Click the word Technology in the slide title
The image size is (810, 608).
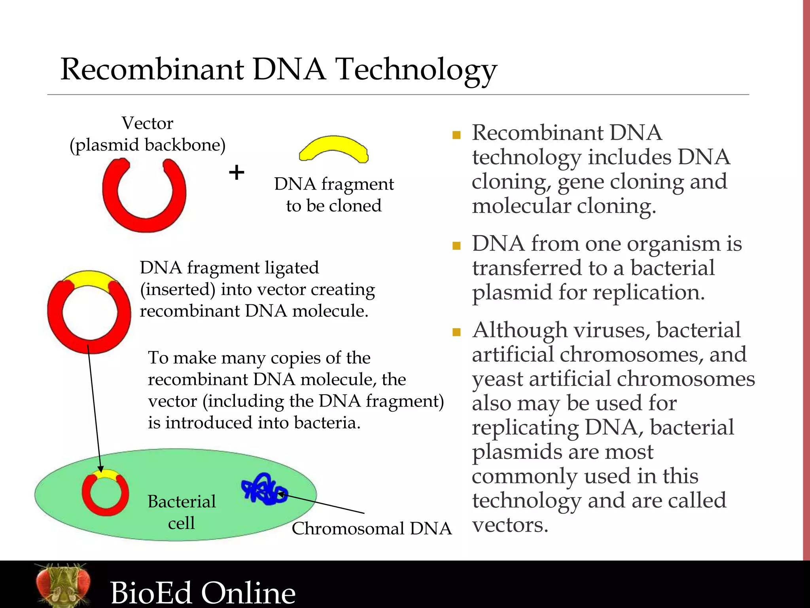tap(416, 70)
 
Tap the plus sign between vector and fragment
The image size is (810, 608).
tap(237, 173)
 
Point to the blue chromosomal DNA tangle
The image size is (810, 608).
tap(263, 489)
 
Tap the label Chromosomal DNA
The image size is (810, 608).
tap(371, 528)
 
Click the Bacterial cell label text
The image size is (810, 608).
tap(182, 512)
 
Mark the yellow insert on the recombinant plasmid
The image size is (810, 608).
tap(89, 280)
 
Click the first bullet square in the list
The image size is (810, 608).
tap(456, 135)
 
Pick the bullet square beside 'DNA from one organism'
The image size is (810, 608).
tap(456, 246)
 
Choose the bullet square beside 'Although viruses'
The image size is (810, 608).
tap(456, 332)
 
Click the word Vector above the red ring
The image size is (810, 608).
tap(147, 123)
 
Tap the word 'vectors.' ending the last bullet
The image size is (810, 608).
tap(510, 525)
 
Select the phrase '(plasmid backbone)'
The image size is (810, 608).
tap(148, 145)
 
